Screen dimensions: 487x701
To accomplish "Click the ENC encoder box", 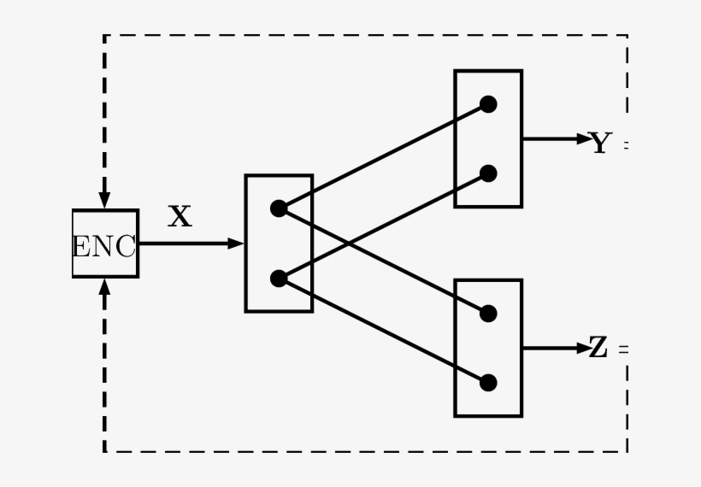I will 105,244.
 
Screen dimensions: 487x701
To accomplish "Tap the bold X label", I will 180,217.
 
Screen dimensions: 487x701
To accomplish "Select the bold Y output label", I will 602,144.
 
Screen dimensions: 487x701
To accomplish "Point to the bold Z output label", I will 599,349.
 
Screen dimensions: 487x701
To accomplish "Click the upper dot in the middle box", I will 278,208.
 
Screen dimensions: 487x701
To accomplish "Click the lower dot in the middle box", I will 278,279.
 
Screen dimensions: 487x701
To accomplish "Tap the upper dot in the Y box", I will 488,104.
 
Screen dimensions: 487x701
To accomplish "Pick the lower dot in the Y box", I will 488,173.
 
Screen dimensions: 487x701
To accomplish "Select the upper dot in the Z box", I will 488,314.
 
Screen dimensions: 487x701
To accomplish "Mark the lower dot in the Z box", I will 488,383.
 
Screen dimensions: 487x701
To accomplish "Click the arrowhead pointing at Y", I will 583,138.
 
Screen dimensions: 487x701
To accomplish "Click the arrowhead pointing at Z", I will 583,349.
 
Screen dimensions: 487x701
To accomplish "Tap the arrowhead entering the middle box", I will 237,243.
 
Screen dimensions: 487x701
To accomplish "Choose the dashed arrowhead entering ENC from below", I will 104,286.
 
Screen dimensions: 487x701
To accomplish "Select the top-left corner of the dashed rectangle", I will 104,36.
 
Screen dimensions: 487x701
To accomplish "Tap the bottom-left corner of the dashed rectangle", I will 104,451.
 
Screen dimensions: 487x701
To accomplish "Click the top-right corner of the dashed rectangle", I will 627,36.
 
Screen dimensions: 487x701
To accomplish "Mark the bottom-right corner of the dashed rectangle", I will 627,451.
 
